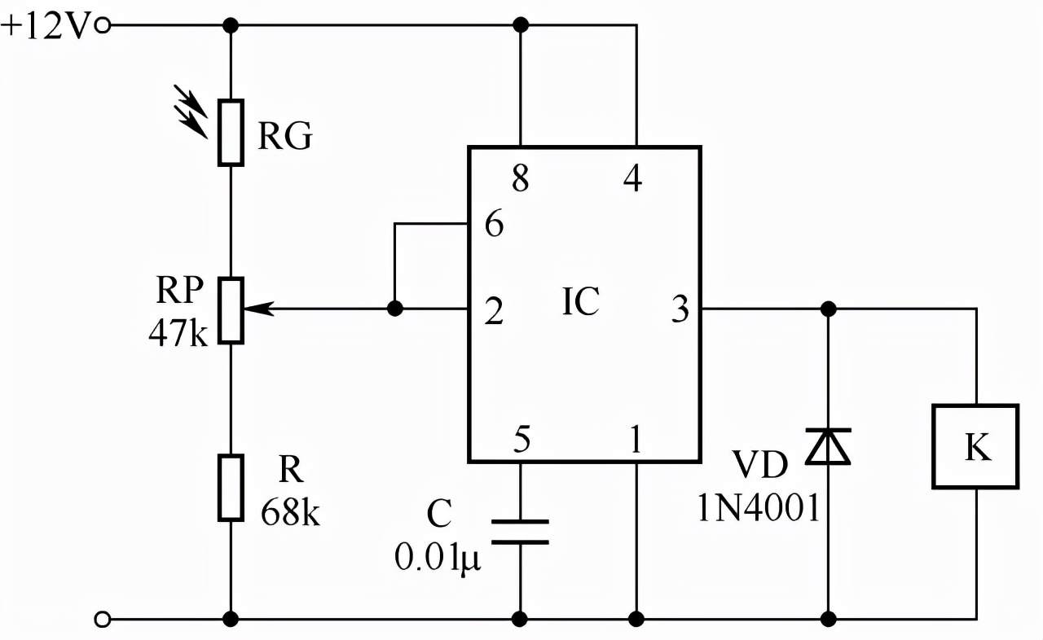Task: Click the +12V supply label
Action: pyautogui.click(x=45, y=26)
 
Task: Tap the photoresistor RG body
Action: pyautogui.click(x=231, y=133)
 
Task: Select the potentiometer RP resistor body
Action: pyautogui.click(x=231, y=311)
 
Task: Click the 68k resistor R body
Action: pyautogui.click(x=231, y=488)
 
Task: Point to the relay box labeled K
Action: pyautogui.click(x=976, y=446)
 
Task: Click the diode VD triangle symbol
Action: pyautogui.click(x=829, y=446)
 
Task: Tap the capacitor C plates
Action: pyautogui.click(x=520, y=532)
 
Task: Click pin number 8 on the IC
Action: pyautogui.click(x=521, y=178)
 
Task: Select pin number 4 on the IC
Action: pyautogui.click(x=633, y=178)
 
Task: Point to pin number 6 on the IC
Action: pyautogui.click(x=495, y=224)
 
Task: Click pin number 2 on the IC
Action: pyautogui.click(x=494, y=311)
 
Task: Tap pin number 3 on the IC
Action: pyautogui.click(x=680, y=309)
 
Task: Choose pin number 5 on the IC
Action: pyautogui.click(x=521, y=439)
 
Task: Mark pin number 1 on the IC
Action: pyautogui.click(x=636, y=439)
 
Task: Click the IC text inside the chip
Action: pyautogui.click(x=581, y=301)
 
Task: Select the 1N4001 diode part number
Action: pyautogui.click(x=759, y=508)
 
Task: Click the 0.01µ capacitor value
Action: pyautogui.click(x=438, y=558)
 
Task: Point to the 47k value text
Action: pyautogui.click(x=178, y=332)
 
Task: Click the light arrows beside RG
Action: pyautogui.click(x=190, y=112)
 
